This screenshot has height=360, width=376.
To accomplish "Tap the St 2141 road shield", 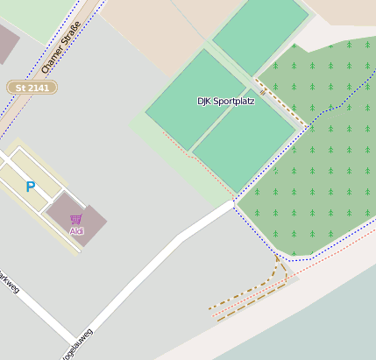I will tap(32, 88).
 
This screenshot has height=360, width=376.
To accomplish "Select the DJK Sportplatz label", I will tap(226, 102).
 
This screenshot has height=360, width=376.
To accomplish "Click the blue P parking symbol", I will tap(30, 187).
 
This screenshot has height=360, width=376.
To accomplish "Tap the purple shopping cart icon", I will tap(76, 219).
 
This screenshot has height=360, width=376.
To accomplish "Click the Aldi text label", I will tap(76, 230).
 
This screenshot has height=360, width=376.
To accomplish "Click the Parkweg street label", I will tap(8, 282).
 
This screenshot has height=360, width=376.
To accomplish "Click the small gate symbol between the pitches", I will tap(262, 91).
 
